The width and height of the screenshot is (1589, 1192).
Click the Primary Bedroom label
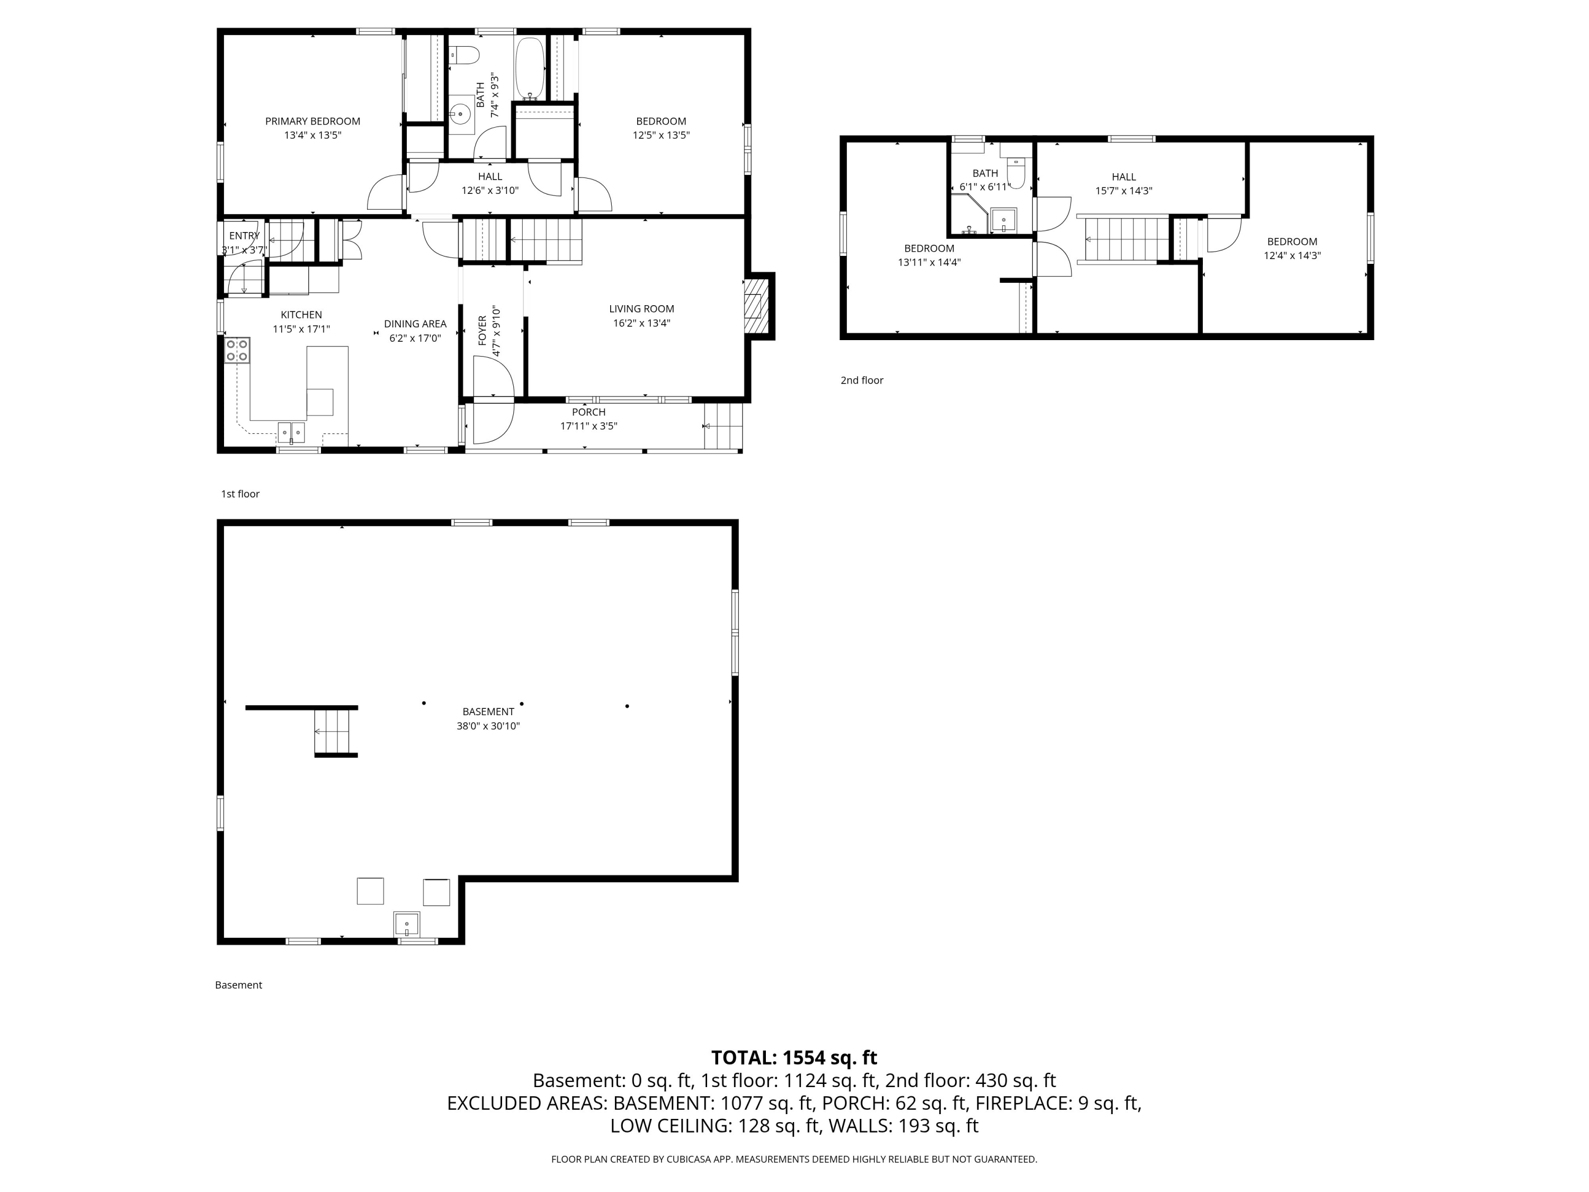coord(313,121)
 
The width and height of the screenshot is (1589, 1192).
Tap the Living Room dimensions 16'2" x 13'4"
coord(641,323)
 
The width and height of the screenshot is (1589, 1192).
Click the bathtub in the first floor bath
coord(530,68)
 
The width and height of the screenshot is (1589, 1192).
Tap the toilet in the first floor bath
coord(464,55)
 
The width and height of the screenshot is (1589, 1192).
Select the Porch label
coord(588,412)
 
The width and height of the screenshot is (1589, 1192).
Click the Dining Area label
coord(415,324)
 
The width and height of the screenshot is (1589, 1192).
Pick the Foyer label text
coord(482,331)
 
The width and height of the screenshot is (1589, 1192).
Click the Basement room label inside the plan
coord(488,712)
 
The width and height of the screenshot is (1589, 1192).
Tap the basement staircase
coord(335,732)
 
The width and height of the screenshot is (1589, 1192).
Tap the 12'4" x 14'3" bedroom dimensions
coord(1292,256)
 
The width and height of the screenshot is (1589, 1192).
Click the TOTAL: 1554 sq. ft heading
coord(794,1057)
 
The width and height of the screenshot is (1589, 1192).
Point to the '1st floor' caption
coord(240,494)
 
